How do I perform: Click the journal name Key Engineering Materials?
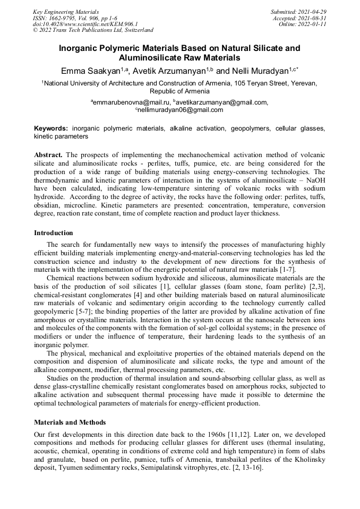[x=66, y=11]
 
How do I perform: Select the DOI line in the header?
[x=85, y=24]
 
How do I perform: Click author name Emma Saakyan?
[x=91, y=71]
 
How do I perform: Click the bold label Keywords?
[x=51, y=129]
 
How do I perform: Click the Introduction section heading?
[x=54, y=233]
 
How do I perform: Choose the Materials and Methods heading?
[x=70, y=422]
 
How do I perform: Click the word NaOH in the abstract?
[x=314, y=179]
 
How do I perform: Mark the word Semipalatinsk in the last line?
[x=155, y=469]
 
